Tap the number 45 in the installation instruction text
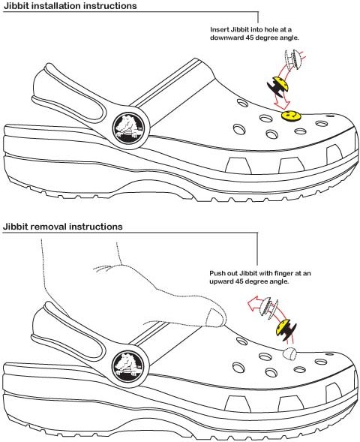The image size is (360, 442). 244,38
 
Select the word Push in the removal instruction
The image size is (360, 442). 215,273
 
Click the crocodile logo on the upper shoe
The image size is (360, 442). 130,128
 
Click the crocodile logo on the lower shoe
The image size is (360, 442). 129,366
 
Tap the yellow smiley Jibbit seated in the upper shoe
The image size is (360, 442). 291,116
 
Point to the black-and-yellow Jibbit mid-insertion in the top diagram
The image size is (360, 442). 278,85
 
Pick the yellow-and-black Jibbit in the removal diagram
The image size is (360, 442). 285,329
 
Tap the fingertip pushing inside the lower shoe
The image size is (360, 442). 215,317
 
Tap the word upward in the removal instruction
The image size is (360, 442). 221,281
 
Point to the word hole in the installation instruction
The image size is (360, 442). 268,29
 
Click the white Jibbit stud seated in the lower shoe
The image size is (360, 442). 289,354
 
